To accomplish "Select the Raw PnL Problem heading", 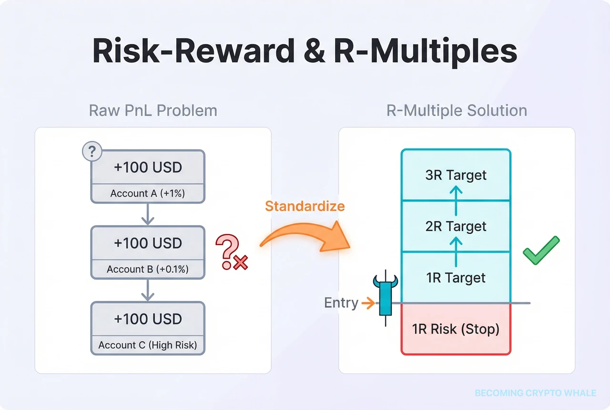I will coord(153,111).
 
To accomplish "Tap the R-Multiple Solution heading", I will coord(457,111).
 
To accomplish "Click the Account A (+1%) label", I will coord(148,193).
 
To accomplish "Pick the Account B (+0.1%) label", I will coord(148,269).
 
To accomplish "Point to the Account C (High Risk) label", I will coord(148,345).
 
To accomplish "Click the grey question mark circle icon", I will coord(92,152).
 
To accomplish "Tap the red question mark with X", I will coord(231,252).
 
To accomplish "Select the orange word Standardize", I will coord(305,207).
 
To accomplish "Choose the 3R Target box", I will coord(456,175).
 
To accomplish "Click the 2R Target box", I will coord(456,226).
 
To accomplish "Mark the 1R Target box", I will coord(456,278).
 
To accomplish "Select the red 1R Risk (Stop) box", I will coord(456,329).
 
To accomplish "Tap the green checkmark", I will coord(541,249).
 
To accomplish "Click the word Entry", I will coord(341,303).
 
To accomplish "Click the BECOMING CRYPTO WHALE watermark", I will coord(535,393).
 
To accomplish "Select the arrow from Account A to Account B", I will coord(148,214).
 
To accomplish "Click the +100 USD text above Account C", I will coord(148,318).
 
